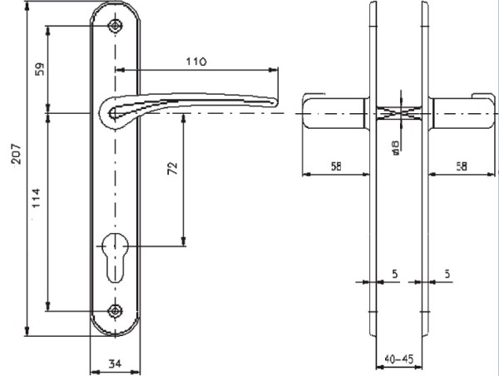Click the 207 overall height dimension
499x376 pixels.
pyautogui.click(x=16, y=154)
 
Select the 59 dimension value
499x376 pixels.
pyautogui.click(x=39, y=69)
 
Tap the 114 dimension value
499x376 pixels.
pyautogui.click(x=37, y=198)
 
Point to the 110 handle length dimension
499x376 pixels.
pyautogui.click(x=196, y=61)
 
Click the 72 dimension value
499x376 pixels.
pyautogui.click(x=172, y=168)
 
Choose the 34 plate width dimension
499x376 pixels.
pyautogui.click(x=115, y=364)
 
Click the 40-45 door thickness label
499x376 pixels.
pyautogui.click(x=398, y=359)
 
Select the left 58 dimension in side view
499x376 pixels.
pyautogui.click(x=336, y=166)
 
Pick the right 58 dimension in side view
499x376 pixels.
pyautogui.click(x=462, y=166)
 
